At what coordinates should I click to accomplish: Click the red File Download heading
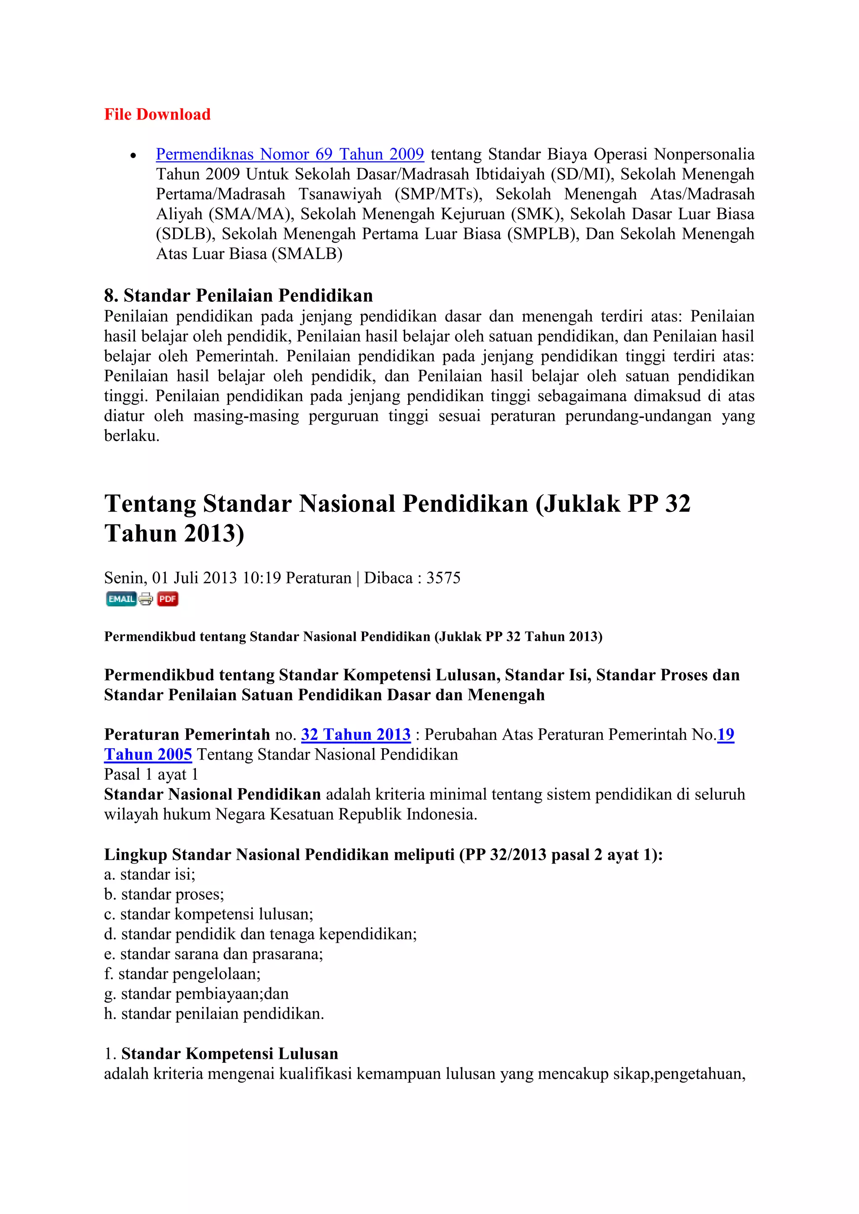[x=157, y=114]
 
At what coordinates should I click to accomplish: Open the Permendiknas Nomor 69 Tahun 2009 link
[x=289, y=154]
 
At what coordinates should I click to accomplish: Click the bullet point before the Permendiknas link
[x=133, y=156]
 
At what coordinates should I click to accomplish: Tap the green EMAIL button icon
[x=121, y=599]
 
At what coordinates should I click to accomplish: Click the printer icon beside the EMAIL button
[x=146, y=599]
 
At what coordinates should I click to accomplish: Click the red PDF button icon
[x=168, y=599]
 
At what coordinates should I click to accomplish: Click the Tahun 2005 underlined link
[x=148, y=755]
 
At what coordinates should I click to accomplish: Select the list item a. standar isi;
[x=150, y=874]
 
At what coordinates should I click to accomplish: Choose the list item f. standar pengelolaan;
[x=182, y=973]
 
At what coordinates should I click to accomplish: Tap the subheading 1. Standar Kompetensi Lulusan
[x=221, y=1053]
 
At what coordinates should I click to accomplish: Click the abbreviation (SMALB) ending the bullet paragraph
[x=307, y=254]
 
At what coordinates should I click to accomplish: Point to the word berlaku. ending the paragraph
[x=131, y=436]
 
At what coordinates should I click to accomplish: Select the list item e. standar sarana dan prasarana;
[x=213, y=954]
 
